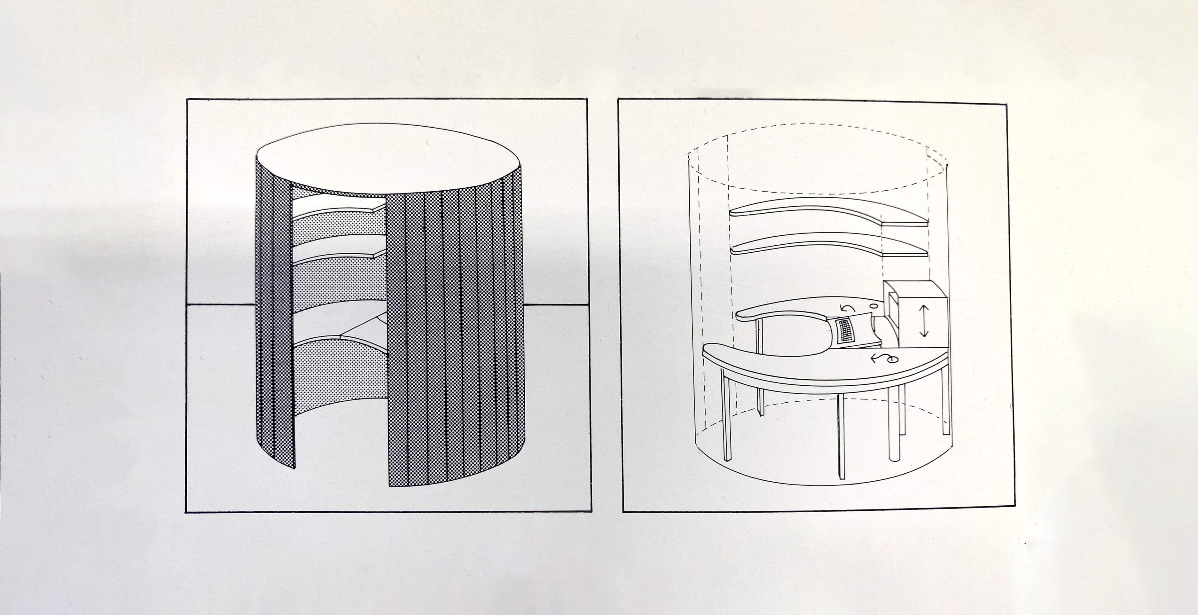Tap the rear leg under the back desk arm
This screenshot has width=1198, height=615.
pos(760,367)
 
